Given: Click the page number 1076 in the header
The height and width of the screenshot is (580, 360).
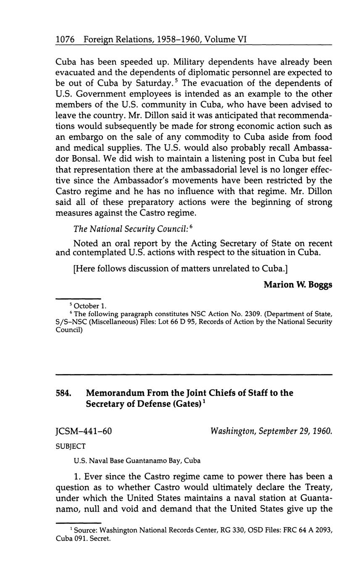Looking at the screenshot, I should (65, 40).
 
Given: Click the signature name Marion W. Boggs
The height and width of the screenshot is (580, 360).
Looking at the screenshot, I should (298, 285).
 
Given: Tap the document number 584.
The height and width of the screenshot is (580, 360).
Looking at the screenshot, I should (63, 393).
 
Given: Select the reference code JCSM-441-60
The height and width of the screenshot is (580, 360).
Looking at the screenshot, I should (84, 431).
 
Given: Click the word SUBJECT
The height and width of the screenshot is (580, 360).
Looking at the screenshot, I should (71, 446).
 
